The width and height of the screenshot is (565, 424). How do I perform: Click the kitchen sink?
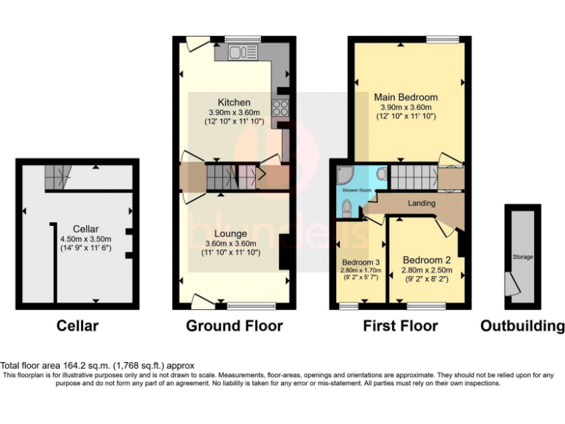click(x=239, y=52)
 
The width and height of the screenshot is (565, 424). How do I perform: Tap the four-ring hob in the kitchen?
click(x=280, y=108)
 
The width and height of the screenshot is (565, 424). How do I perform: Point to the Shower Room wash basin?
click(x=381, y=174)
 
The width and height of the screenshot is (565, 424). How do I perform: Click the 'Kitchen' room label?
click(x=234, y=102)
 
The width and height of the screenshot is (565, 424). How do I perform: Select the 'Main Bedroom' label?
click(x=405, y=96)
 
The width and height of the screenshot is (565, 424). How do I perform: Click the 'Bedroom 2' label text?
click(x=426, y=260)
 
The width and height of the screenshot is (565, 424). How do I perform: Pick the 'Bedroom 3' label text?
click(x=360, y=262)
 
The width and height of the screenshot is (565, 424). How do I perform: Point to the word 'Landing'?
click(x=421, y=203)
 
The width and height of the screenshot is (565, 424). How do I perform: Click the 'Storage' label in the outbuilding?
click(x=522, y=257)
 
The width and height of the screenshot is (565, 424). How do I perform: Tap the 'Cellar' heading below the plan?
click(x=78, y=325)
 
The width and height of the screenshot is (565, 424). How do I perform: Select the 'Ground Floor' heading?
click(x=234, y=325)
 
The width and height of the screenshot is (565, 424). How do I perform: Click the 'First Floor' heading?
click(x=402, y=325)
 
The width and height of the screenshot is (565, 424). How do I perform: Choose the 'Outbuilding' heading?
click(x=522, y=325)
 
